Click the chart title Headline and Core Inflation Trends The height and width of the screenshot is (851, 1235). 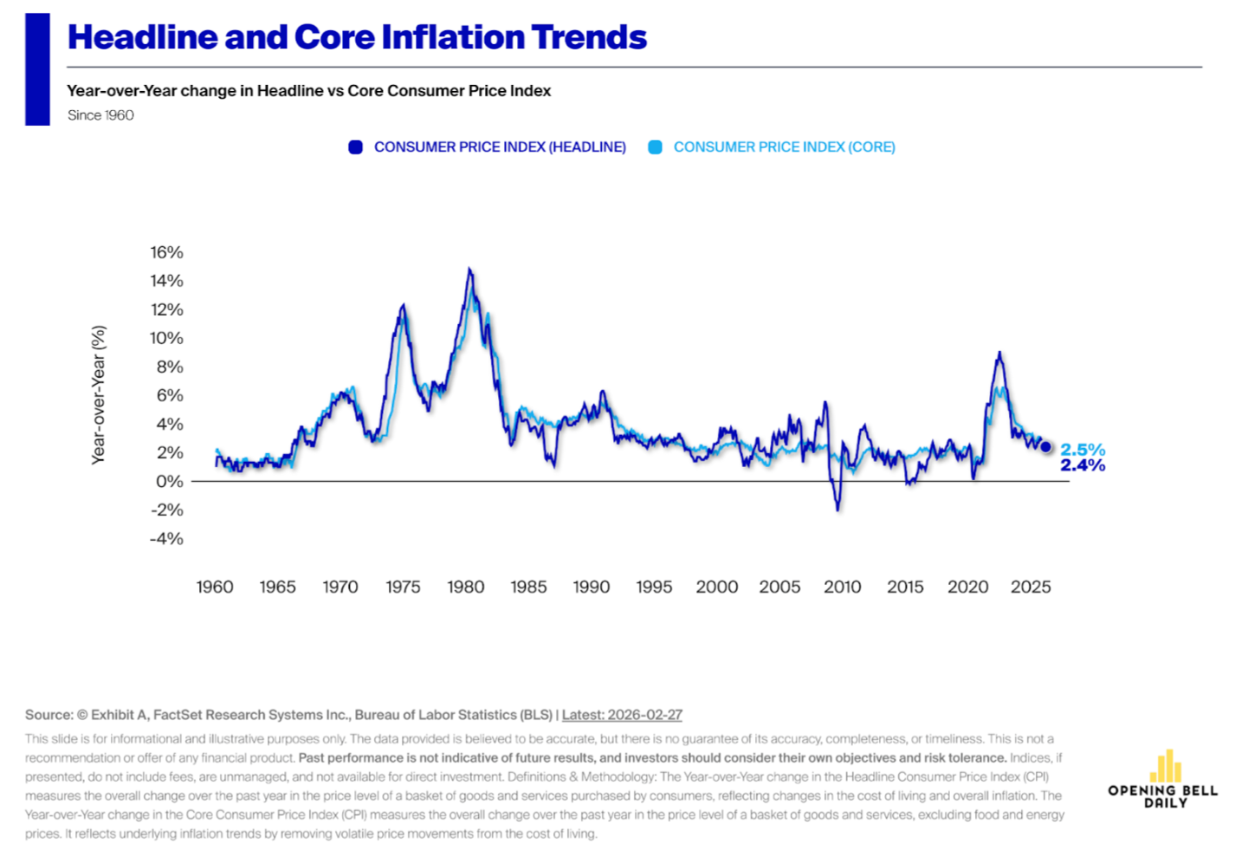point(357,37)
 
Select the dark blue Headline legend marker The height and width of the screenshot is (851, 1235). point(355,147)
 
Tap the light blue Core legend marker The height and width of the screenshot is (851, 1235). point(656,147)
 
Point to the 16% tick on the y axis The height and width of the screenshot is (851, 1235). point(166,252)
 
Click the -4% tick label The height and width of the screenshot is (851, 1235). point(166,538)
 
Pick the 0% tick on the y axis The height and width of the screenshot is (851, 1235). point(170,481)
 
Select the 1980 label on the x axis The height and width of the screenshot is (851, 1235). point(466,587)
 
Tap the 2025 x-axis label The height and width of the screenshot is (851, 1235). point(1031,587)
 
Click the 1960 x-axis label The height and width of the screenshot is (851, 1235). point(215,587)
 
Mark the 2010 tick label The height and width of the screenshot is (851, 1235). point(843,587)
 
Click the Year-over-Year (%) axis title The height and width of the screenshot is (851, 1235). point(99,394)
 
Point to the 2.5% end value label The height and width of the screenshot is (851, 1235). point(1083,449)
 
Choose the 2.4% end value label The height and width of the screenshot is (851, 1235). point(1083,465)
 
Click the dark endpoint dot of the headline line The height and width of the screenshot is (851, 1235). point(1045,447)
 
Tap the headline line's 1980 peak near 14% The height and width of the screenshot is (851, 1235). point(469,270)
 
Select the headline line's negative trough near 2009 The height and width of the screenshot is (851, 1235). point(837,509)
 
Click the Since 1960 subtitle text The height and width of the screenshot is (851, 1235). point(100,115)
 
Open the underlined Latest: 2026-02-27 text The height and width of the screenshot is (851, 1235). point(622,715)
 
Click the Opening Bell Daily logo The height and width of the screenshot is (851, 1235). point(1162,779)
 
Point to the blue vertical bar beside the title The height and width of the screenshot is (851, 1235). point(37,69)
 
